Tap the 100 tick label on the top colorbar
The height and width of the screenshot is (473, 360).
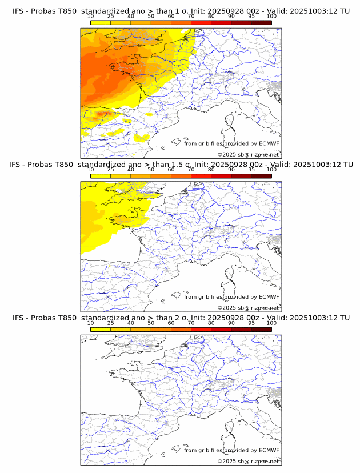coord(271,16)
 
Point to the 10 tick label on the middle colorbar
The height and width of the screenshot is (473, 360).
coord(90,170)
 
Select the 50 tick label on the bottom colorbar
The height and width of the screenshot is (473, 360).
coord(151,323)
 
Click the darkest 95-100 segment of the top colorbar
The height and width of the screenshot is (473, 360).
coord(261,22)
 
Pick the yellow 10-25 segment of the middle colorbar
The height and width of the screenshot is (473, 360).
coord(101,175)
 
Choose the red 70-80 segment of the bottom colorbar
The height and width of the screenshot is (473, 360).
coord(201,329)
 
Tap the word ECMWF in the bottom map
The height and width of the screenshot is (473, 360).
coord(269,450)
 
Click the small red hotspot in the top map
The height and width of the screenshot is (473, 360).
coord(102,114)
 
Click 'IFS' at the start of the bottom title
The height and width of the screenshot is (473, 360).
coord(19,318)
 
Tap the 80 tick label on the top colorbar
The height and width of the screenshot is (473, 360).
coord(211,16)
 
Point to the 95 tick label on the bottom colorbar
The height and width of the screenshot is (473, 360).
coord(251,323)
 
